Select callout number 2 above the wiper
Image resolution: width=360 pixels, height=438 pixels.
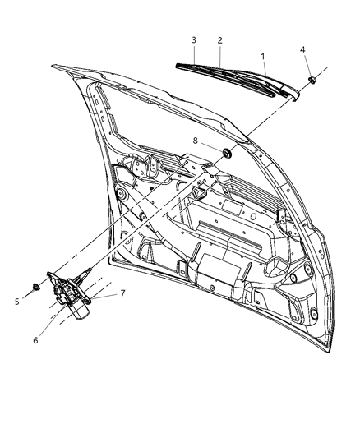click(x=220, y=40)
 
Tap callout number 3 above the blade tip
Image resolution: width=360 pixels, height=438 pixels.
click(x=193, y=40)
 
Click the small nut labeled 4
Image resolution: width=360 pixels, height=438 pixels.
click(x=313, y=80)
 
